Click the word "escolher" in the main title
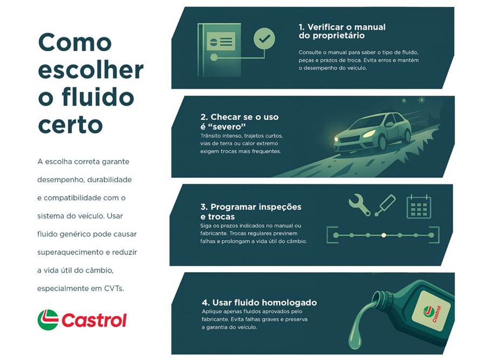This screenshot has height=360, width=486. coord(91,70)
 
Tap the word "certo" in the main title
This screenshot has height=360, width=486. coord(70,124)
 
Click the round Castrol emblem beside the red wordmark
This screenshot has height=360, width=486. coord(48,320)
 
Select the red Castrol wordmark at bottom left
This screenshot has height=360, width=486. coord(94,320)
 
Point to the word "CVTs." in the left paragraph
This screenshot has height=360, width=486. coord(114,288)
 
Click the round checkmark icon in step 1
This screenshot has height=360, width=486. coord(264,38)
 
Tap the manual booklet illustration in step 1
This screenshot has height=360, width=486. coord(219,50)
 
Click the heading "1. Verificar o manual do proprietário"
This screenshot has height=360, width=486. coord(342,31)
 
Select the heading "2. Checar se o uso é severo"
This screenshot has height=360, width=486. coord(239,122)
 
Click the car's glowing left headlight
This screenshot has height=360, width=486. coord(369,135)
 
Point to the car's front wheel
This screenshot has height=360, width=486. coord(382,143)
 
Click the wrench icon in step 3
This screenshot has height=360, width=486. coord(359,205)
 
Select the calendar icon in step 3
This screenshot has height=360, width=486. coord(419,206)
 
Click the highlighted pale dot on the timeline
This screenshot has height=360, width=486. coord(384,235)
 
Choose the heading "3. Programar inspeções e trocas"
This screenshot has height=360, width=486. coord(251,211)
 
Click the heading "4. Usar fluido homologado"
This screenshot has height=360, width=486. coord(259,302)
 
